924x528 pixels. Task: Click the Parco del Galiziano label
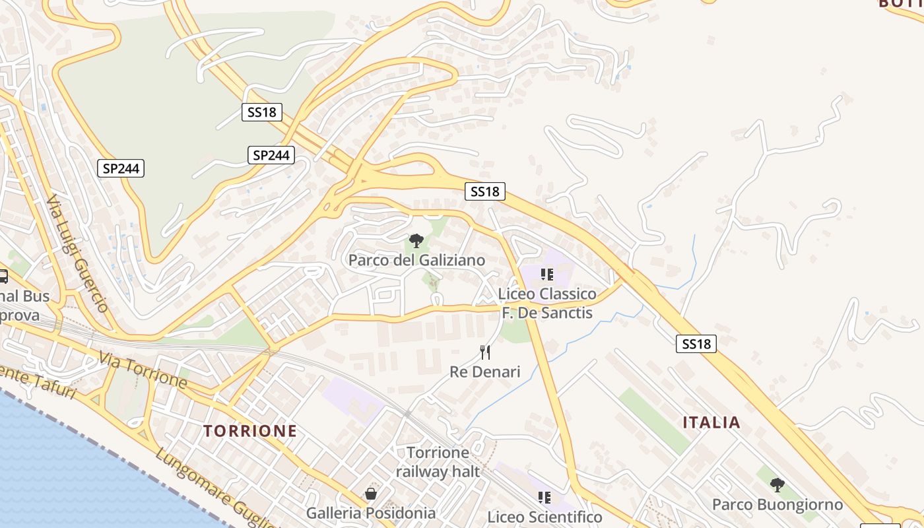(x=416, y=260)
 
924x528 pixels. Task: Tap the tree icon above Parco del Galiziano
(x=416, y=241)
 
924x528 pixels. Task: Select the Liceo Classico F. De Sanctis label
(x=547, y=303)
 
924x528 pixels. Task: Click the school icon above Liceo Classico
(x=546, y=274)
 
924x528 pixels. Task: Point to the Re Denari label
(x=484, y=372)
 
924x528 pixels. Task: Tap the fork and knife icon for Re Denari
(x=485, y=352)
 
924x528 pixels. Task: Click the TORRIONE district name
(x=249, y=431)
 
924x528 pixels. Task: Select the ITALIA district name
(x=711, y=422)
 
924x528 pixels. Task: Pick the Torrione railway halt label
(x=438, y=462)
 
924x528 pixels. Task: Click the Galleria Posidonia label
(x=370, y=513)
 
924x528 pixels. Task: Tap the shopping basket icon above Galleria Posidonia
(x=371, y=493)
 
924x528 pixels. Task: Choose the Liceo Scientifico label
(x=544, y=517)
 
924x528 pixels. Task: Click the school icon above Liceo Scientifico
(x=544, y=497)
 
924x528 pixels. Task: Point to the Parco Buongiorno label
(x=777, y=505)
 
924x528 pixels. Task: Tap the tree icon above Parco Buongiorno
(x=777, y=485)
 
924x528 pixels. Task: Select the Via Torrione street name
(x=143, y=370)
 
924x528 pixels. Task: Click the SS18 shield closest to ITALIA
(x=696, y=343)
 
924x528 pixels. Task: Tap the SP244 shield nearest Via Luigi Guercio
(x=121, y=168)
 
